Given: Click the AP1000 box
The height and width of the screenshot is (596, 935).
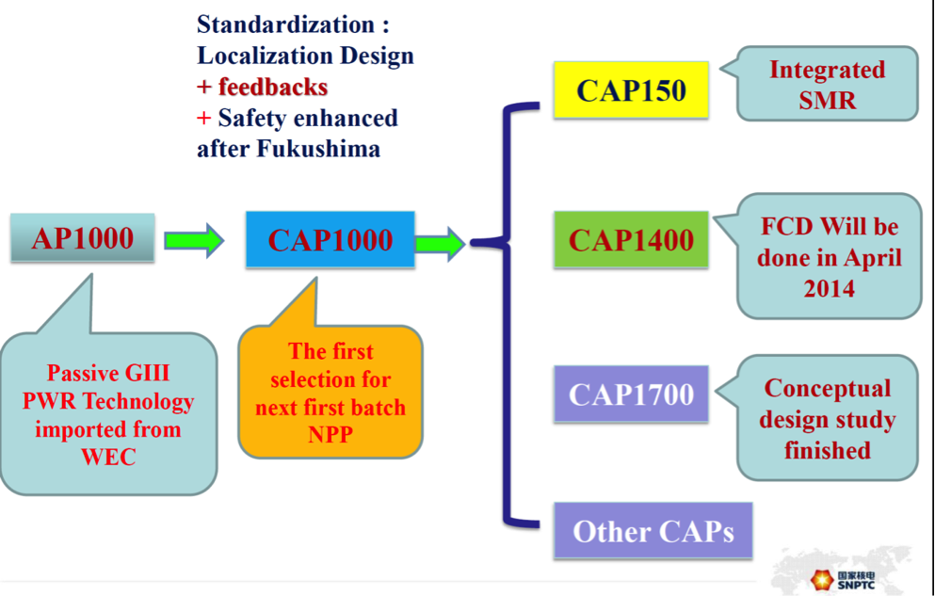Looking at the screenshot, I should [x=83, y=238].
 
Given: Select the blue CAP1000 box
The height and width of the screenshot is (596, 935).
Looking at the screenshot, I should [x=330, y=239].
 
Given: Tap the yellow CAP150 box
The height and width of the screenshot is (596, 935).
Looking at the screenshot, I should [x=630, y=90].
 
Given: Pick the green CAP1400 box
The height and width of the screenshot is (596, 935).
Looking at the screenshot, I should [x=630, y=239].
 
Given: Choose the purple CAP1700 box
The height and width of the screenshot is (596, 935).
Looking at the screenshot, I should [x=630, y=394].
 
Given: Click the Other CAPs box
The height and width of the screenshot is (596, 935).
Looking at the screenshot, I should [x=653, y=531].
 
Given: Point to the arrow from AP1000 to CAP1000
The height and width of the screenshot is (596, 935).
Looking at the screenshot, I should [x=194, y=240].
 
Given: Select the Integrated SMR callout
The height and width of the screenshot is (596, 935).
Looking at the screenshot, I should [x=827, y=84].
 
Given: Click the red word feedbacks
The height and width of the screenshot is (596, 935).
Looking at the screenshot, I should [x=273, y=88].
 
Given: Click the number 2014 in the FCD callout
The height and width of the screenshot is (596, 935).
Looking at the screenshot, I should [x=829, y=288].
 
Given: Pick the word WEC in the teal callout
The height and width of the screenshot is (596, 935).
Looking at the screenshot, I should [x=107, y=458].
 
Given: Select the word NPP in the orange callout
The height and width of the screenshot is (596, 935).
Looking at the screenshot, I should [x=330, y=436].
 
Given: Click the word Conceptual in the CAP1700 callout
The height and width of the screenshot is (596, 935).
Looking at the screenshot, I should [x=827, y=389].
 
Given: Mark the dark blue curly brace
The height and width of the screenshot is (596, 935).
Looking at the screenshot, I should [x=508, y=311].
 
